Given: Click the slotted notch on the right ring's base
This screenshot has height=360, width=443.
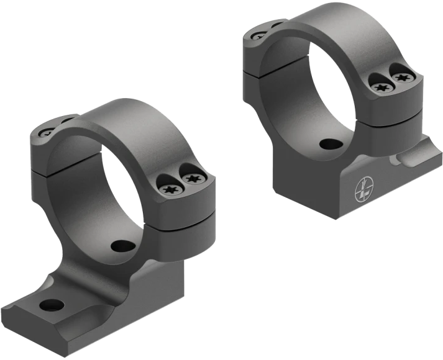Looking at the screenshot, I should click(398, 163).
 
